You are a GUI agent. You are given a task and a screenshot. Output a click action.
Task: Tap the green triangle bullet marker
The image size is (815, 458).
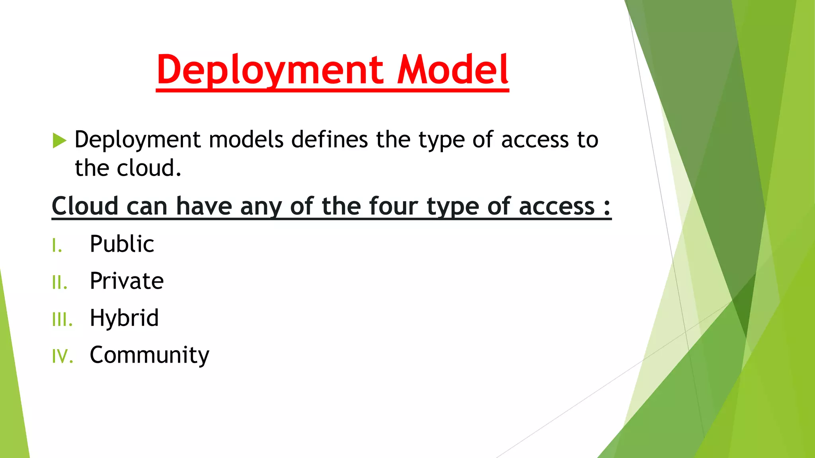[x=59, y=140]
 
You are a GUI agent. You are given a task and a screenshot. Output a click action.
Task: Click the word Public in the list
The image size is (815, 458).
[x=122, y=244]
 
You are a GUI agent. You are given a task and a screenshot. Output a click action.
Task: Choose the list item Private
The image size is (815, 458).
[x=127, y=281]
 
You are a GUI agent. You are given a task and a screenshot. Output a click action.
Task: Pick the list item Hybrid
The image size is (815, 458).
[x=124, y=318]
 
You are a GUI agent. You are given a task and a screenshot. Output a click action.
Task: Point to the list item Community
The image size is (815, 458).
[x=149, y=355]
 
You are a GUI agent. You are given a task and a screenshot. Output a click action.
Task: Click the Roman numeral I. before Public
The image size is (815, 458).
[x=57, y=246]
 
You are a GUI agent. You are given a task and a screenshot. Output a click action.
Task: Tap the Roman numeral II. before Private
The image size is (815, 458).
[x=60, y=283]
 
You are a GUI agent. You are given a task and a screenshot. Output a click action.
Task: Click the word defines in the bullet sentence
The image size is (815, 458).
[x=330, y=140]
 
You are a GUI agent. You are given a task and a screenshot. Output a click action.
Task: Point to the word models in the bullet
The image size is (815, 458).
[x=246, y=140]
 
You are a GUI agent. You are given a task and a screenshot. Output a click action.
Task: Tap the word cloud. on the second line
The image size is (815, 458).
[x=149, y=168]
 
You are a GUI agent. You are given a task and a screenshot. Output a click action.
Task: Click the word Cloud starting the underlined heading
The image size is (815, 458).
[x=85, y=206]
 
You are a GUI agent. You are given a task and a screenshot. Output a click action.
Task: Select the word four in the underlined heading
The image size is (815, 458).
[x=394, y=206]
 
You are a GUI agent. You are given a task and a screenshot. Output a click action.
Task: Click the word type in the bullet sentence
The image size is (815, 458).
[x=442, y=140]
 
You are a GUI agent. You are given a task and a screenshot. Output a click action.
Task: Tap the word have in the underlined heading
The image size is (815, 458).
[x=204, y=206]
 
